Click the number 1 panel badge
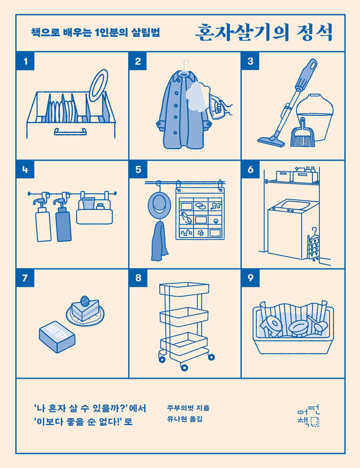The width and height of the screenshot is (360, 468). [x=25, y=61]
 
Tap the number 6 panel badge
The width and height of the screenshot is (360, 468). [x=250, y=170]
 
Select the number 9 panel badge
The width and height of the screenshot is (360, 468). [x=250, y=278]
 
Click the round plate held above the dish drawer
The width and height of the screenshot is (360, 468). [x=98, y=85]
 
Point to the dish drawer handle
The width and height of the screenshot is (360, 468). [x=70, y=131]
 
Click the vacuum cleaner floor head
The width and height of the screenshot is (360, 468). [x=271, y=141]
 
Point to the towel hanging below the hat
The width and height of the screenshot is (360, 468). [x=160, y=241]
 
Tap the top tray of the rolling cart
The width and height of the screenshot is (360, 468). [x=184, y=289]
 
